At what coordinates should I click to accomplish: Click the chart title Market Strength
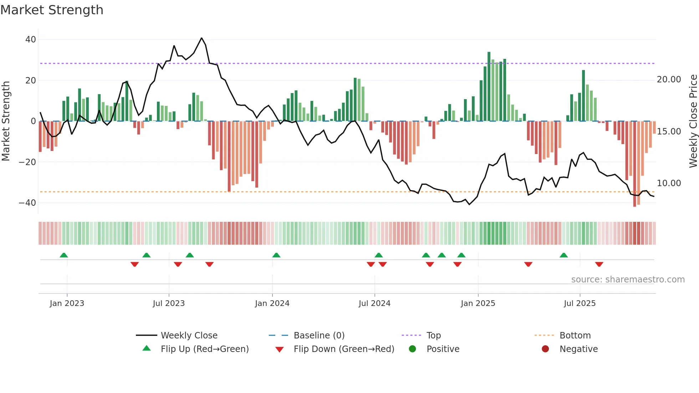(x=52, y=10)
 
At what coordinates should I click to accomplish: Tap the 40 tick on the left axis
(x=31, y=40)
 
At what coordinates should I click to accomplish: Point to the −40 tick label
(x=27, y=203)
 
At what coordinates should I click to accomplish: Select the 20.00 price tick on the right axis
(x=669, y=80)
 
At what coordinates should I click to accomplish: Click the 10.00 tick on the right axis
(x=669, y=183)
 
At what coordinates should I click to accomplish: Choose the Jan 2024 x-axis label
(x=272, y=303)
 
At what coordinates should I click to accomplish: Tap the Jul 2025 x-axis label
(x=580, y=303)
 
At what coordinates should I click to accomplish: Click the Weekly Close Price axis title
(x=693, y=121)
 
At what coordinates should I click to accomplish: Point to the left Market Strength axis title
(x=6, y=121)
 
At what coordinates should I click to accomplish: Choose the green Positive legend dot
(x=412, y=349)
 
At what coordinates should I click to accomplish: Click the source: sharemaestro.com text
(x=628, y=280)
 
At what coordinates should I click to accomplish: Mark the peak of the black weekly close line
(x=201, y=38)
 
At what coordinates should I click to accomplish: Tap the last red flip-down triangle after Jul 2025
(x=599, y=264)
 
